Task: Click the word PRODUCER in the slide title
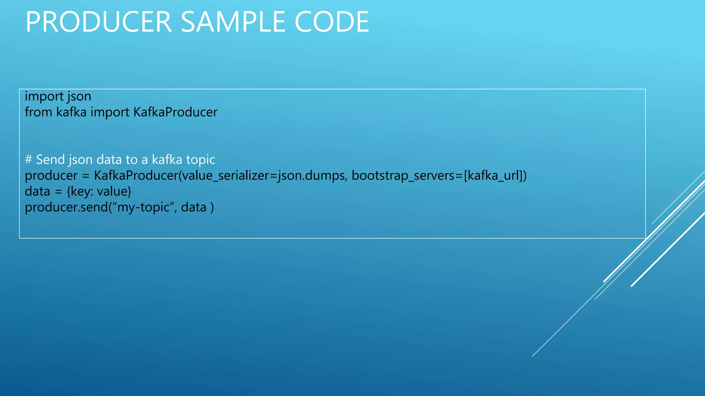click(x=98, y=22)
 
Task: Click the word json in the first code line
click(x=80, y=97)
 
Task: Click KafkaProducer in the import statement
click(x=175, y=112)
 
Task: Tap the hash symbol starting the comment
click(x=29, y=159)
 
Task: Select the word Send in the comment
click(x=51, y=159)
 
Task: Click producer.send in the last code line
click(x=66, y=207)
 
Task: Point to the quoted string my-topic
click(x=144, y=208)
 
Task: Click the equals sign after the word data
click(x=59, y=192)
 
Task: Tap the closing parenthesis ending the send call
click(x=212, y=208)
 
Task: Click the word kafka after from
click(x=71, y=112)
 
